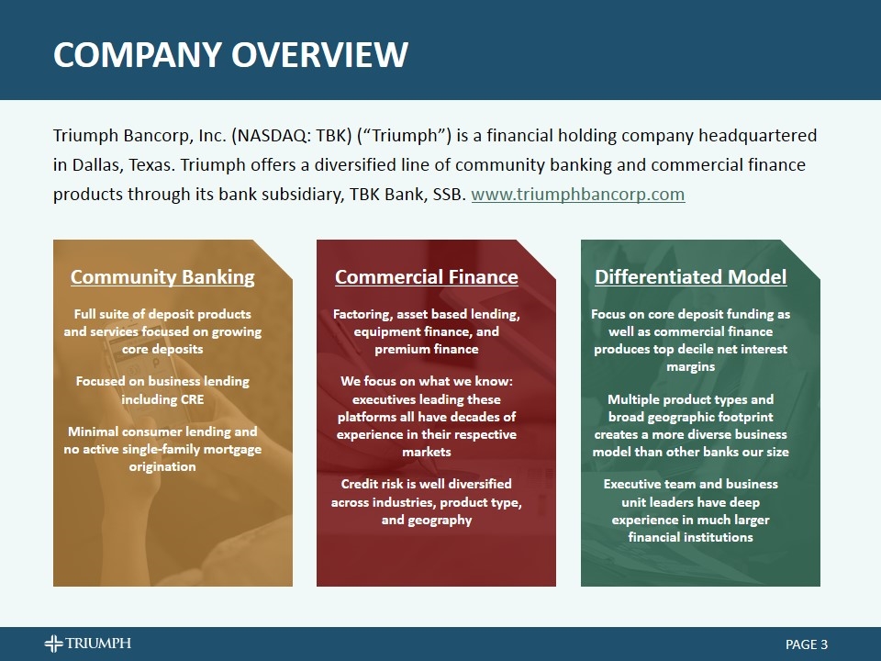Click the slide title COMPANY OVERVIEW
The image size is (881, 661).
pyautogui.click(x=230, y=54)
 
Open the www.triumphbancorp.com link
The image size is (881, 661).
pyautogui.click(x=577, y=195)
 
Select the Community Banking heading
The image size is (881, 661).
pyautogui.click(x=162, y=277)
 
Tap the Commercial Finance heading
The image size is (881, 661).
pyautogui.click(x=426, y=277)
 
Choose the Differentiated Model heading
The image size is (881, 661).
pyautogui.click(x=690, y=277)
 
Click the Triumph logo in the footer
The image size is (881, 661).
pyautogui.click(x=88, y=644)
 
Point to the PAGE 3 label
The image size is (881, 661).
pyautogui.click(x=807, y=644)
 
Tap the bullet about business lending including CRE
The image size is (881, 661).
pyautogui.click(x=162, y=390)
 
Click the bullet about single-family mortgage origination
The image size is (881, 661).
pyautogui.click(x=162, y=449)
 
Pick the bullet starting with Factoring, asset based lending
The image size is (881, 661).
pyautogui.click(x=426, y=331)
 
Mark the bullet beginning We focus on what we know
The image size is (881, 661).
pyautogui.click(x=426, y=417)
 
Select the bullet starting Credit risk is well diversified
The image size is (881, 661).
pyautogui.click(x=426, y=502)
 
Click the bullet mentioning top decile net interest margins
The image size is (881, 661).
pyautogui.click(x=690, y=340)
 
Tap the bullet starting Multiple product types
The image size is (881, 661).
pyautogui.click(x=690, y=425)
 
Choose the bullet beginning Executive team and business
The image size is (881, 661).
pyautogui.click(x=690, y=510)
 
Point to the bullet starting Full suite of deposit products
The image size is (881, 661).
pyautogui.click(x=162, y=331)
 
